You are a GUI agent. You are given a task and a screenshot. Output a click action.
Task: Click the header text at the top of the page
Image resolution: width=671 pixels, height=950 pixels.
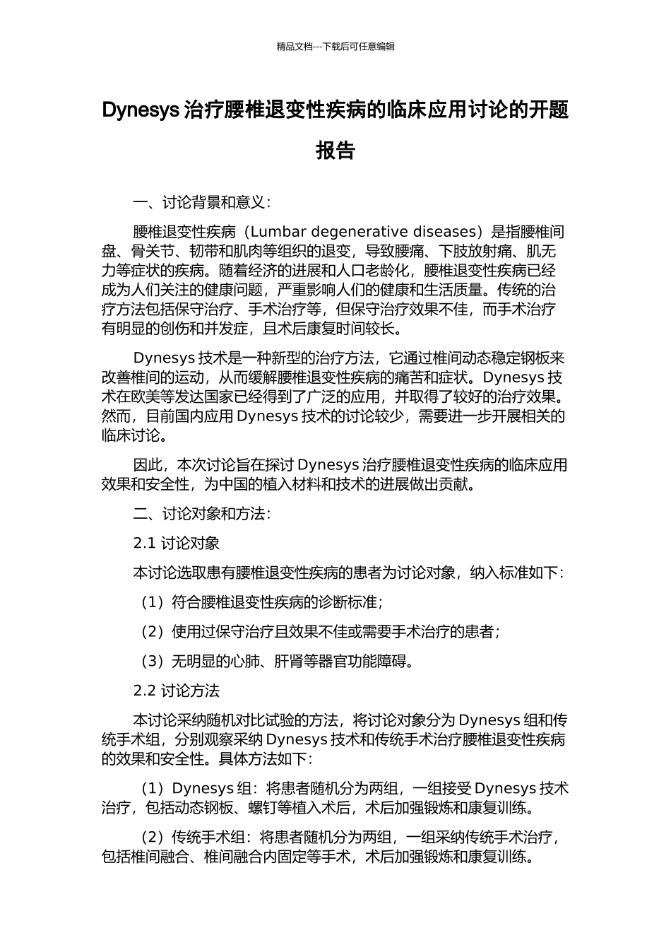[x=335, y=47]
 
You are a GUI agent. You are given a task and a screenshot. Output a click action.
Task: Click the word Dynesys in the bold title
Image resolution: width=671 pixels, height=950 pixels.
[x=141, y=111]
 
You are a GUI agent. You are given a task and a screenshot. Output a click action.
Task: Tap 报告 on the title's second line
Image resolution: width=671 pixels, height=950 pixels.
[x=335, y=151]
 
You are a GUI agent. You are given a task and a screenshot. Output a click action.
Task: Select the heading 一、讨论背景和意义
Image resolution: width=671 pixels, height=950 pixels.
[x=201, y=203]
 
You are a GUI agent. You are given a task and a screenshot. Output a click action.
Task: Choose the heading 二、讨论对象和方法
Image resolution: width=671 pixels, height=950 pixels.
[x=201, y=514]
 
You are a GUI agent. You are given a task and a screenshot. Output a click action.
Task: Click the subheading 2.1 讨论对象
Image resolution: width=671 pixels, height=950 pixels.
[x=177, y=543]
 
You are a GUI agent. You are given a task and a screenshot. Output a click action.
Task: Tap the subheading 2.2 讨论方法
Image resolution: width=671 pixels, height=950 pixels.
[x=177, y=691]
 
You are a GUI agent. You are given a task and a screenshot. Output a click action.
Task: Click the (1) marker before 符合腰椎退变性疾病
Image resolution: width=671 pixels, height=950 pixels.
[x=152, y=602]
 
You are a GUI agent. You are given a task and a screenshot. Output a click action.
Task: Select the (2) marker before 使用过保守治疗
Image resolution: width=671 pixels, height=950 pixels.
[x=152, y=632]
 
